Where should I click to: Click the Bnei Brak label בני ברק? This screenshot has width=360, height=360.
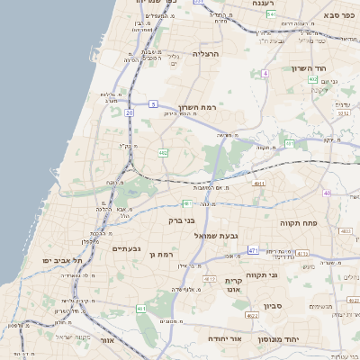pyautogui.click(x=163, y=220)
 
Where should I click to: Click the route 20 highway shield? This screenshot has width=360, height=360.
pyautogui.click(x=129, y=112)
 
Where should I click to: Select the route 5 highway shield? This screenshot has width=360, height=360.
pyautogui.click(x=154, y=104)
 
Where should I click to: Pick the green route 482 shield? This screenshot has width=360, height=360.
pyautogui.click(x=163, y=154)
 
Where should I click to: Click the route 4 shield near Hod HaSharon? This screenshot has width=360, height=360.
pyautogui.click(x=265, y=73)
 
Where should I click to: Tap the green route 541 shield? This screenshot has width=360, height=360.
pyautogui.click(x=272, y=15)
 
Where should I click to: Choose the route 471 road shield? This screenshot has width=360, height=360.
pyautogui.click(x=254, y=250)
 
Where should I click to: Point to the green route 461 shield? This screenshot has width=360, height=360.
pyautogui.click(x=141, y=309)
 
